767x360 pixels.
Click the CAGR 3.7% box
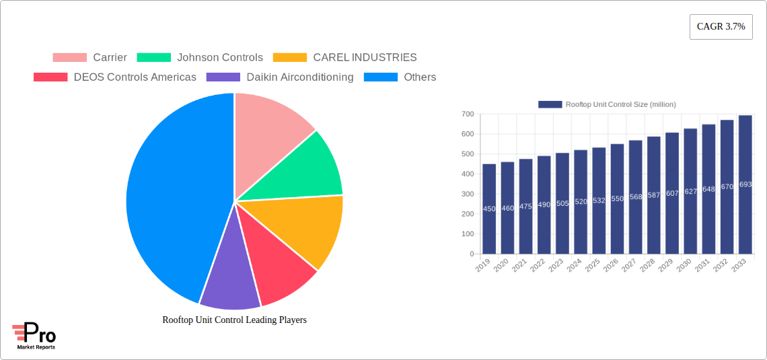coord(721,27)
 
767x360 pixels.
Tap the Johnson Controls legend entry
coord(200,58)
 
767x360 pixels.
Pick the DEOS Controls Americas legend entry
coord(115,77)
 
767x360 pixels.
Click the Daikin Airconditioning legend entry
coord(280,77)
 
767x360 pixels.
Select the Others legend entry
coord(400,77)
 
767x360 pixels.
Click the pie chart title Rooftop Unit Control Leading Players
coord(234,320)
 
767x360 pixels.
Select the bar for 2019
coord(489,209)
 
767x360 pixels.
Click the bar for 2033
coord(745,184)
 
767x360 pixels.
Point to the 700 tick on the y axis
coord(467,114)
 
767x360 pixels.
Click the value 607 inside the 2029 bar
coord(672,193)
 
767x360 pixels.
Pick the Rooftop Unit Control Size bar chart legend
coord(607,104)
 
